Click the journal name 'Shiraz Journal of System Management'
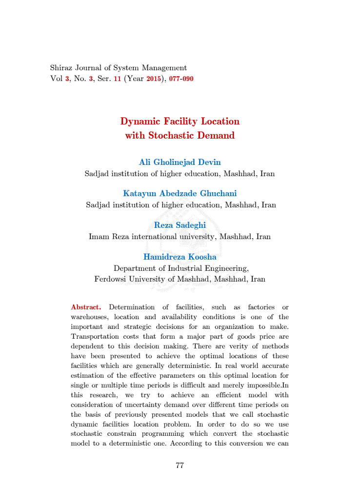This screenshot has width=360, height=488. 119,68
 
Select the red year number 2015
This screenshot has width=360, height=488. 154,79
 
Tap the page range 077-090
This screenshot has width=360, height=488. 181,79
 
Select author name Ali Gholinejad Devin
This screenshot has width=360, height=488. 180,163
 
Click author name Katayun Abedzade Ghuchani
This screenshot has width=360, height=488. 180,194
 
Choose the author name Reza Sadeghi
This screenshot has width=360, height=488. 180,225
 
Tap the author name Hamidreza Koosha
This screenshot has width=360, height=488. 180,257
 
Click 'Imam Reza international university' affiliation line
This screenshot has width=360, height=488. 180,237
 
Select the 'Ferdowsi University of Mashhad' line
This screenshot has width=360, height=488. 180,280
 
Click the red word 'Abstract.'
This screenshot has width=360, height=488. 86,307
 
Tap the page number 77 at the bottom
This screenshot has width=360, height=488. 180,466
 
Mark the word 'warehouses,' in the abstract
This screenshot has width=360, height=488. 88,317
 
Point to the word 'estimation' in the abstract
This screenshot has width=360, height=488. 88,376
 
